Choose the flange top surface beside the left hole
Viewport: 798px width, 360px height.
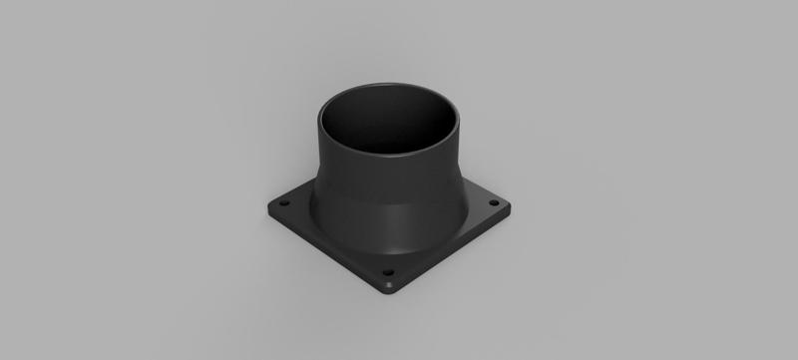click(296, 211)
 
